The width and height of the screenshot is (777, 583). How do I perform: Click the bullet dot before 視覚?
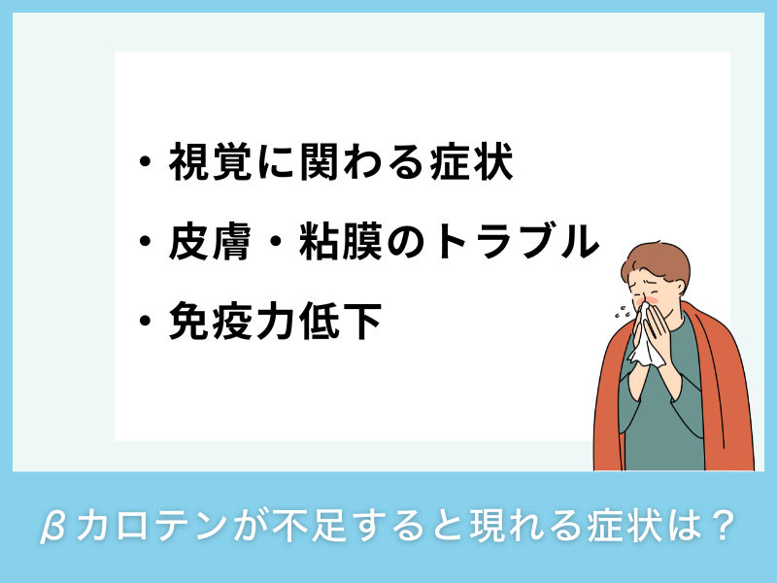tap(146, 162)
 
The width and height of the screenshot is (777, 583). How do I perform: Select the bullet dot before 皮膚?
tap(146, 243)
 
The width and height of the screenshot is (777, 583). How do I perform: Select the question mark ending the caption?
tap(720, 528)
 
